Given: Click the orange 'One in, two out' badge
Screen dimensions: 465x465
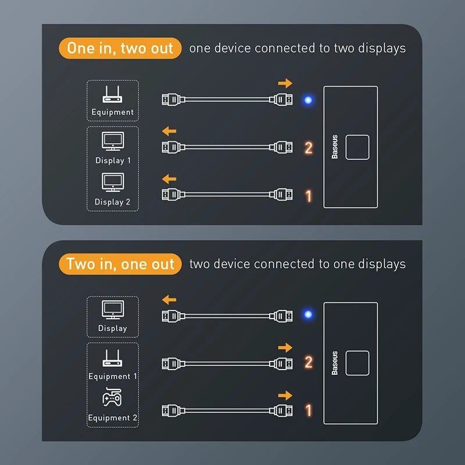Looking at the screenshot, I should pos(120,48).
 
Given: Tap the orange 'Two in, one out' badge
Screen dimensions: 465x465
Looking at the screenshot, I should pos(120,264).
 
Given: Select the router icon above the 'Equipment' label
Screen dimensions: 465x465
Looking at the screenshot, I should pos(112,94).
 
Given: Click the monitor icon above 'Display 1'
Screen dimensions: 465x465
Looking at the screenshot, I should pos(112,141).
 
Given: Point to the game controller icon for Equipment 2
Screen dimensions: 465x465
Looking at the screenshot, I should pos(112,399).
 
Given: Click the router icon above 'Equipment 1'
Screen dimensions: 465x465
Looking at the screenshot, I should pos(112,357).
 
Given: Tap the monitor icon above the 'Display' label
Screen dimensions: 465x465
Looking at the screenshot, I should pos(112,309).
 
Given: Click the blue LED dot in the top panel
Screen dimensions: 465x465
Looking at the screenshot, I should pos(308,100).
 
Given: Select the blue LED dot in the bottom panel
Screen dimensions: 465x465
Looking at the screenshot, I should pos(308,315).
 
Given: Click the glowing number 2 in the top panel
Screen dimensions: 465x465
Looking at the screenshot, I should pos(309,148).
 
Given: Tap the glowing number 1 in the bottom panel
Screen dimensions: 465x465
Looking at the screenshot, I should pos(309,410).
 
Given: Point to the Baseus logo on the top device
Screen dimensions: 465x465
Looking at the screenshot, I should pos(335,147).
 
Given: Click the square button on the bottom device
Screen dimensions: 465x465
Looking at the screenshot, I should pos(357,363).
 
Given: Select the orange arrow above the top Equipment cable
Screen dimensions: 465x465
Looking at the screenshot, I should pos(285,84).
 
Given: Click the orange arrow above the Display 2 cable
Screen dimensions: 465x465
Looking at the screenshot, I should pos(169,178).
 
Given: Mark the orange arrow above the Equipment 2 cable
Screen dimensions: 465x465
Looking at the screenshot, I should pos(285,395).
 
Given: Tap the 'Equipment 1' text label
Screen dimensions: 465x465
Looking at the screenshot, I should pos(113,376).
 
